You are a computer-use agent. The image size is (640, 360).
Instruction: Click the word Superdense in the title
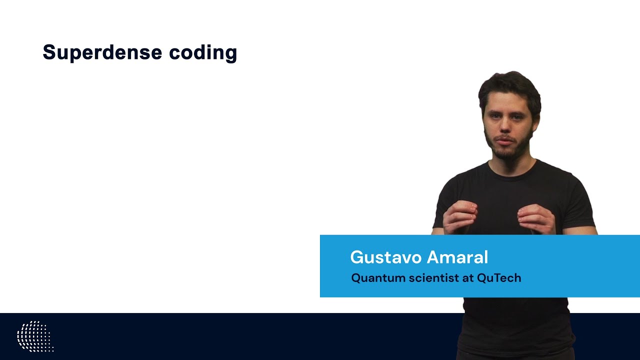pos(102,52)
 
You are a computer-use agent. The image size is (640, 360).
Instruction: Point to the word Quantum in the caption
pos(378,278)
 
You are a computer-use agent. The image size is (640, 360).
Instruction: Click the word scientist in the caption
pos(434,278)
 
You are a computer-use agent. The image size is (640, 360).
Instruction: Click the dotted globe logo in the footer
pos(34,336)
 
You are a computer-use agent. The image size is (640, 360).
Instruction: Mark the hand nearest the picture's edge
pos(536,219)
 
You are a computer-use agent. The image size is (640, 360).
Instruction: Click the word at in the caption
pos(467,278)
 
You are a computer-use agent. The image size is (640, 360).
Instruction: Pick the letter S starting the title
pos(48,52)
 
